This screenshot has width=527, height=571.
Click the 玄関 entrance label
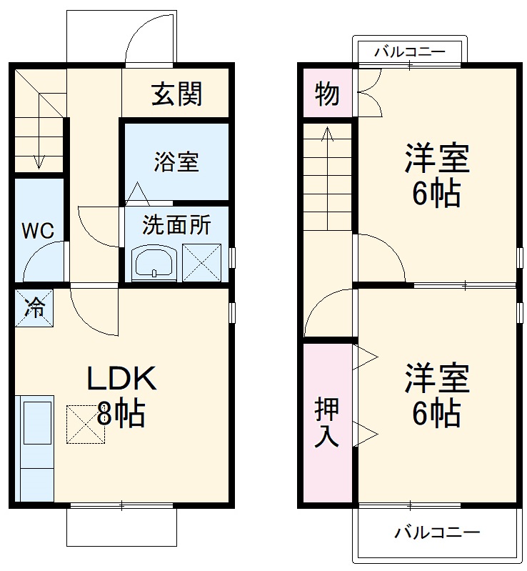[x=176, y=94]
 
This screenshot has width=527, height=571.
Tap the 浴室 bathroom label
[x=176, y=162]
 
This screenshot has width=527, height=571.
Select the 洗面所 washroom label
[x=176, y=226]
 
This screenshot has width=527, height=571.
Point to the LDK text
[x=121, y=379]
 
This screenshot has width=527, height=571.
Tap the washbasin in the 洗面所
[x=154, y=262]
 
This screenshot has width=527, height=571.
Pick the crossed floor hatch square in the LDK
[x=86, y=424]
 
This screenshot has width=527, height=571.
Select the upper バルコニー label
[x=410, y=51]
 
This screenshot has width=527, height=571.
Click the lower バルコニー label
[x=437, y=532]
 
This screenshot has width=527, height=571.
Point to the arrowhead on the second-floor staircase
[x=326, y=134]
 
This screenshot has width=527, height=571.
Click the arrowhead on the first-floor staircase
[x=39, y=164]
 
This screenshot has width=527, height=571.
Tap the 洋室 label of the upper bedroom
[x=437, y=159]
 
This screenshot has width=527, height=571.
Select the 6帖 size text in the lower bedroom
[x=436, y=414]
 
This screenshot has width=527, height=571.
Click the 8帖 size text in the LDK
[x=121, y=414]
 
